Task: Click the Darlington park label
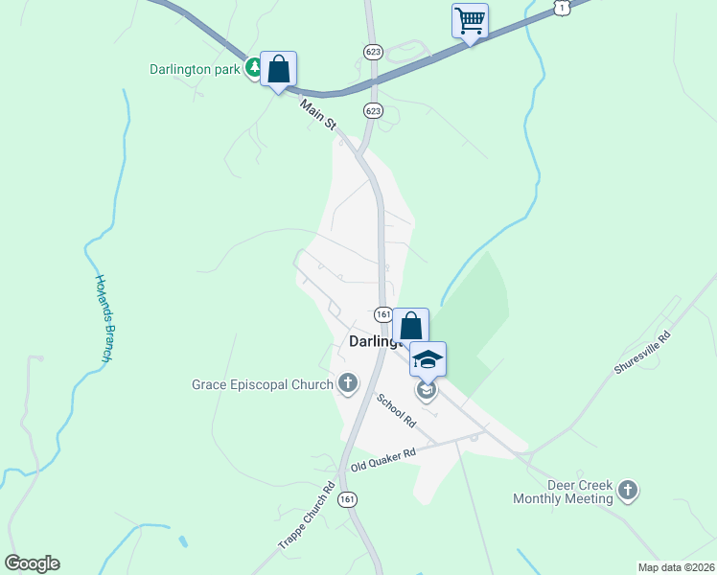(x=195, y=69)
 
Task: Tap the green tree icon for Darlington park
(x=254, y=68)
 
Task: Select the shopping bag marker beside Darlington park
(x=278, y=70)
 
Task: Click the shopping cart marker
(x=470, y=20)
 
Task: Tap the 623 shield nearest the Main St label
(x=373, y=111)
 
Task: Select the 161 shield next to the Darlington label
(x=382, y=314)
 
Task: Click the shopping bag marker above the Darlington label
(x=410, y=327)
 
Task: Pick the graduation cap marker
(x=428, y=360)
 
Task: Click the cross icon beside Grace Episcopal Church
(x=347, y=385)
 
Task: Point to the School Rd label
(x=396, y=410)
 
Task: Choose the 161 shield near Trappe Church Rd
(x=347, y=499)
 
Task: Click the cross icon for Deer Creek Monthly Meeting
(x=628, y=492)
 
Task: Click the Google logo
(x=32, y=563)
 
